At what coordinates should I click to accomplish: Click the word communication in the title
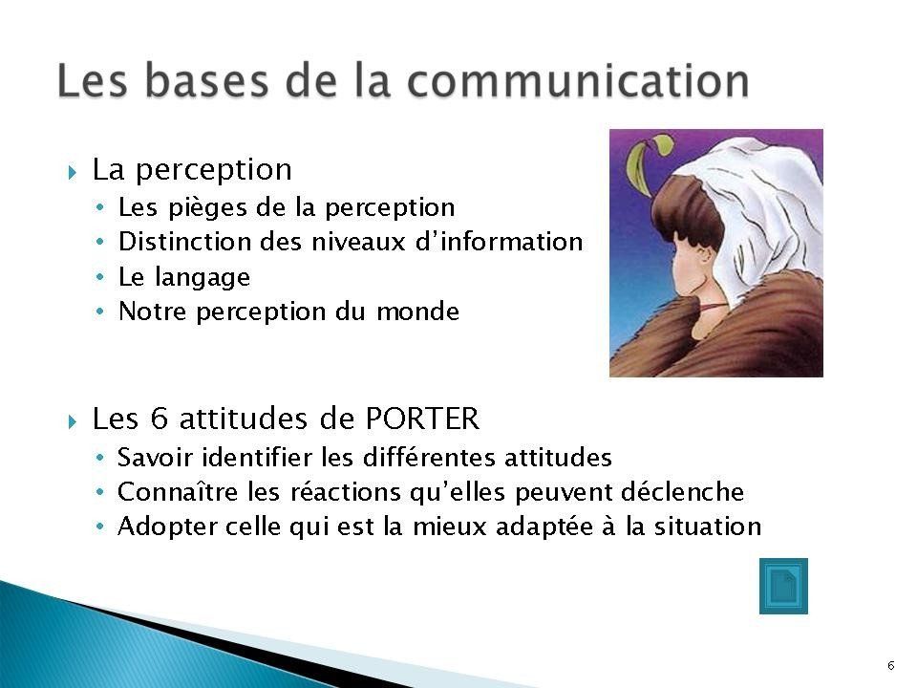[579, 80]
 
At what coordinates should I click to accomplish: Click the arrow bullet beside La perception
[72, 173]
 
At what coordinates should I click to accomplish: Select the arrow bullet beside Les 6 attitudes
[72, 421]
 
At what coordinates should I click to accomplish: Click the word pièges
[207, 207]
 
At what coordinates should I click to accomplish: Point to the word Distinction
[184, 242]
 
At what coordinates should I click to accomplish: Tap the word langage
[202, 277]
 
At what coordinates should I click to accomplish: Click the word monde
[417, 311]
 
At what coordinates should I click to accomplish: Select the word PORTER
[422, 419]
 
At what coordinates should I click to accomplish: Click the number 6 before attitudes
[160, 419]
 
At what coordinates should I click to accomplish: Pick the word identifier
[257, 457]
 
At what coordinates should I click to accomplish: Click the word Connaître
[178, 491]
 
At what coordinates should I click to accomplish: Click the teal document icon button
[783, 586]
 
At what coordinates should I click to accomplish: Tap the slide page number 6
[890, 666]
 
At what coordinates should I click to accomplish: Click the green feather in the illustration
[645, 163]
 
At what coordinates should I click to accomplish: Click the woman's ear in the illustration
[702, 255]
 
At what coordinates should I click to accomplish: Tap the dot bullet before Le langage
[100, 277]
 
